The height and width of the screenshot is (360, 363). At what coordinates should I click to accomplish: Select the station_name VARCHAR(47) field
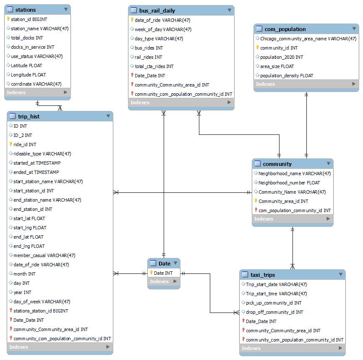click(40, 29)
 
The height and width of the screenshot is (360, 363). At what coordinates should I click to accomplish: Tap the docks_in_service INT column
click(33, 47)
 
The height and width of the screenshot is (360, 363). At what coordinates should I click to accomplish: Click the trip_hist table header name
click(29, 116)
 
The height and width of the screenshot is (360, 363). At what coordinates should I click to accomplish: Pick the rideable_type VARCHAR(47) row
click(42, 154)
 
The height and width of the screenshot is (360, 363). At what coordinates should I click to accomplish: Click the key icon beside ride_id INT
click(10, 145)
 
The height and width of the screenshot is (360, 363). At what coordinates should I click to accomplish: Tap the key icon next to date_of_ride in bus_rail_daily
click(132, 20)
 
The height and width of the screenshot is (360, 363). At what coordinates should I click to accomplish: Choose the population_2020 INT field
click(282, 57)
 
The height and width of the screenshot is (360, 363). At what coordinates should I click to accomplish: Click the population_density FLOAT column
click(287, 76)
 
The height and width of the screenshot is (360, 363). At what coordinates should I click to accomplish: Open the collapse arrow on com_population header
click(354, 29)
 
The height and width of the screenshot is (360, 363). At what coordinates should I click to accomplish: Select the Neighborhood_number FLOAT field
click(289, 183)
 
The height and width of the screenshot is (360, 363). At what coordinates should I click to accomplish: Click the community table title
click(277, 164)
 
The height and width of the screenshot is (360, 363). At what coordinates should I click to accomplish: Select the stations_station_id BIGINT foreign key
click(41, 311)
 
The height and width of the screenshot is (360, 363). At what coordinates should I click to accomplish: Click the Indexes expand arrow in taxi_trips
click(340, 348)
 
